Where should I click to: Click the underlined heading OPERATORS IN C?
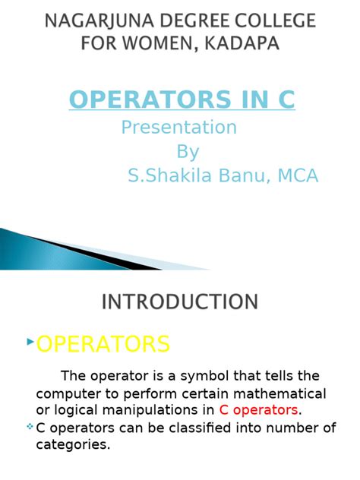[182, 99]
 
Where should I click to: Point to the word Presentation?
[179, 126]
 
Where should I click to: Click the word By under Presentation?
[188, 151]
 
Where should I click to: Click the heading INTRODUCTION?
[180, 302]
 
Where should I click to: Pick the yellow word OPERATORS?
[103, 344]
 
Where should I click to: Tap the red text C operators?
[259, 410]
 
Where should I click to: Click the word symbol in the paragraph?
[216, 376]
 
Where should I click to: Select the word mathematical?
[283, 393]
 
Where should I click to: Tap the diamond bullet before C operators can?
[30, 427]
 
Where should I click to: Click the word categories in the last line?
[73, 444]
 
